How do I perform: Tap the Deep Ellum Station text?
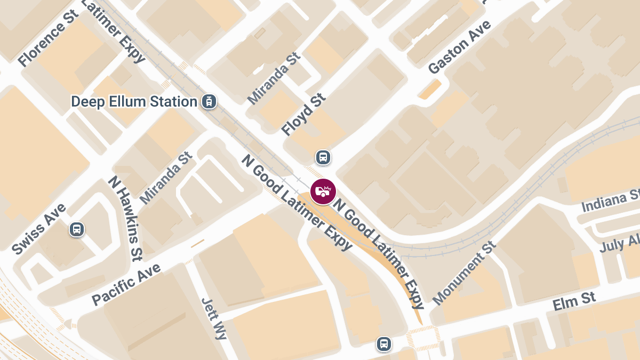coord(134,101)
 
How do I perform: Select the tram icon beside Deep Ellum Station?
coord(209,101)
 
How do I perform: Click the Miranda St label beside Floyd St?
coord(274,78)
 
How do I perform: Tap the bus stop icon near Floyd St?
coord(323,157)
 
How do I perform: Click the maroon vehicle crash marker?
coord(323,191)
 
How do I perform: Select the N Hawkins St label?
coord(126,218)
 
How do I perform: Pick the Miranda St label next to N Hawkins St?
coord(166,178)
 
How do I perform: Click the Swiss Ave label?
coord(39,229)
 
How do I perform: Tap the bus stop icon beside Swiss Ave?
coord(77,230)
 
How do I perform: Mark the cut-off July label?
coord(619,243)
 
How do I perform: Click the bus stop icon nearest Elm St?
coord(383,344)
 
